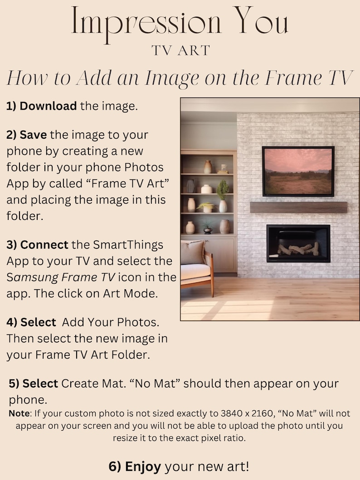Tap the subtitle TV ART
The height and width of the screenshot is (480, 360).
[181, 50]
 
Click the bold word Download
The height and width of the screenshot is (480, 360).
[48, 106]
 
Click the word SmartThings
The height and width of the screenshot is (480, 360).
[128, 245]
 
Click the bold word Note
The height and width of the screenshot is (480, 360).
[19, 414]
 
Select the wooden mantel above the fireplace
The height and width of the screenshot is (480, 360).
[298, 208]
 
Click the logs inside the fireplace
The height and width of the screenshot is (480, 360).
[298, 248]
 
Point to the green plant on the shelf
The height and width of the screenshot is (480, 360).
[222, 189]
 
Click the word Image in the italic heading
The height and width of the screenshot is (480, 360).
[171, 79]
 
